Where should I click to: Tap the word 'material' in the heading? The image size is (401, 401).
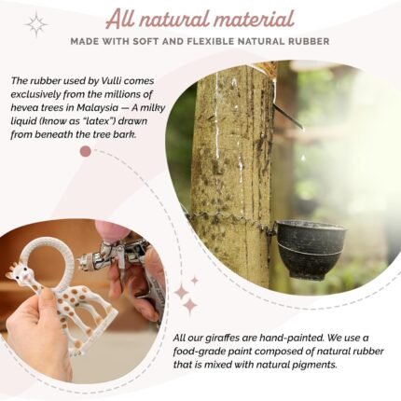(x=254, y=20)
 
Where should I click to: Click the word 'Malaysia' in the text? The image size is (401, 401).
(x=98, y=108)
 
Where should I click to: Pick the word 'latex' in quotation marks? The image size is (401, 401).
(x=98, y=121)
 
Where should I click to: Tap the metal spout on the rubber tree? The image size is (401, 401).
(x=287, y=116)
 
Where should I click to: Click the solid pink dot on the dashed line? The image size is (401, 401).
(x=86, y=151)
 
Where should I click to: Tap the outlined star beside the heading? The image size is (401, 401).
(x=36, y=24)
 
